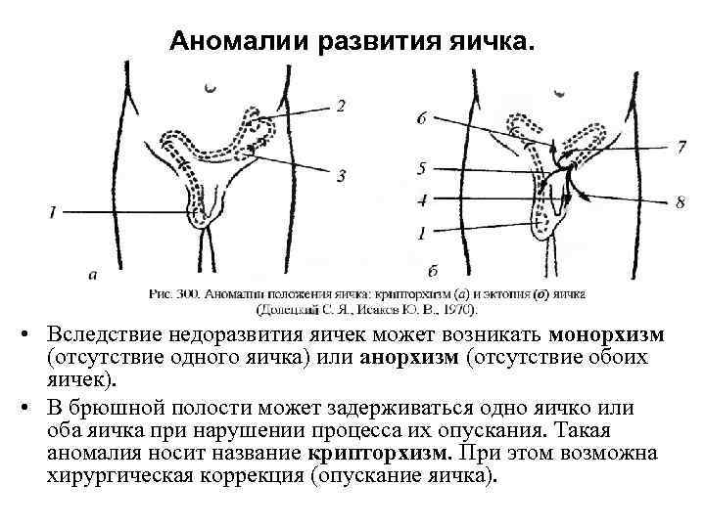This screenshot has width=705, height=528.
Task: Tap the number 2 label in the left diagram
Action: click(341, 106)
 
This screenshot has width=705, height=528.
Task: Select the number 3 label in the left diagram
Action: click(341, 176)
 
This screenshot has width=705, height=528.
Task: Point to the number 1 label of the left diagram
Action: click(51, 210)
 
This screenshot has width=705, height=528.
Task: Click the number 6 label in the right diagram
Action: click(421, 118)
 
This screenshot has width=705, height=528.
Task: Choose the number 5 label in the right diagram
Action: click(421, 168)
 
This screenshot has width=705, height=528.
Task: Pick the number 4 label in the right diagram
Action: click(421, 199)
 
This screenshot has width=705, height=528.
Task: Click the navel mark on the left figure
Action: click(210, 89)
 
